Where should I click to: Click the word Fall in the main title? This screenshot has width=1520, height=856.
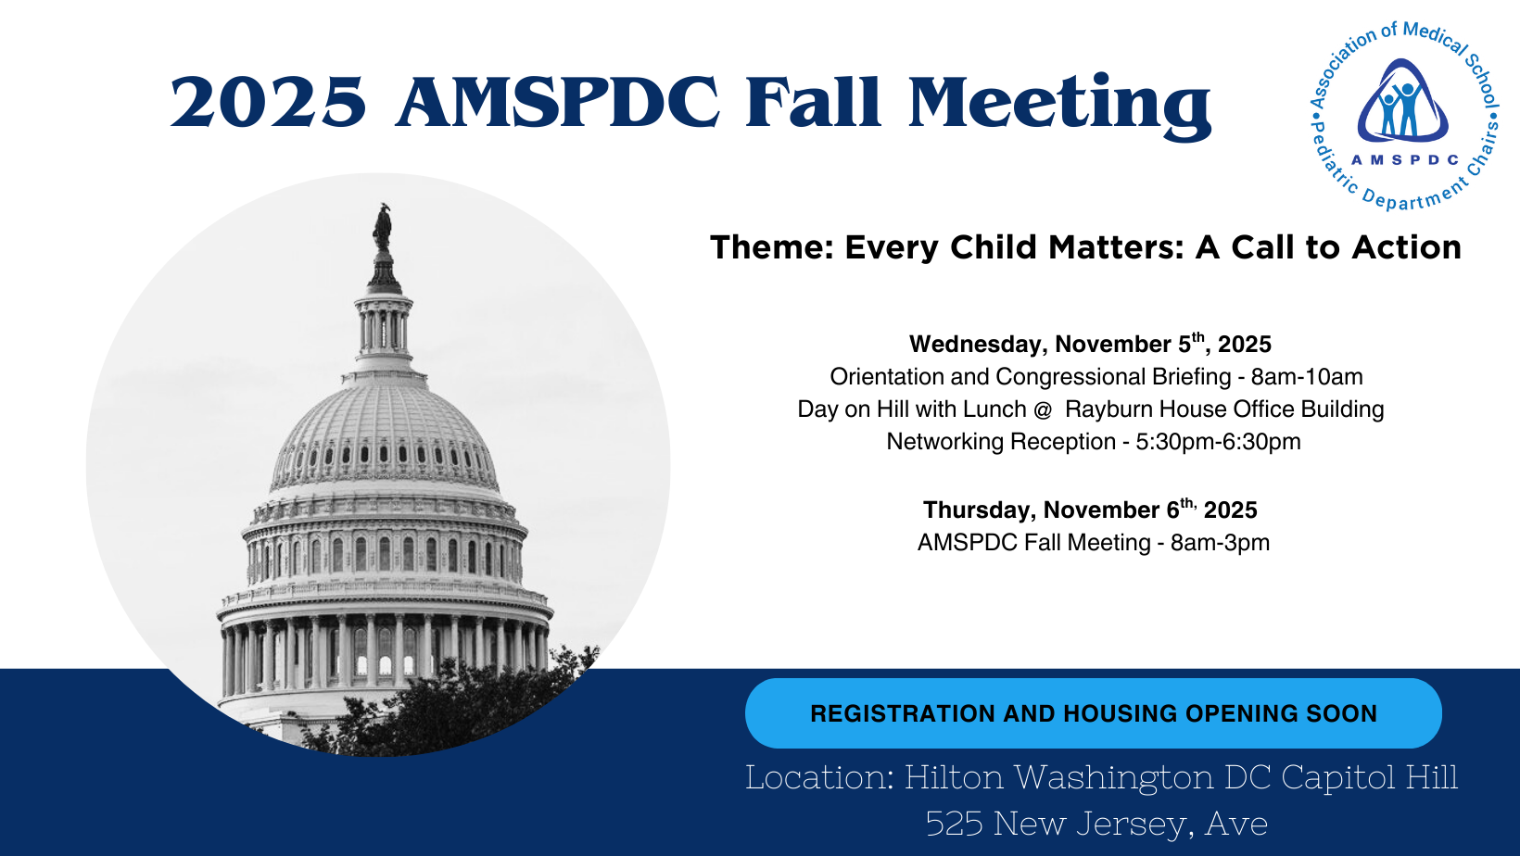tap(813, 102)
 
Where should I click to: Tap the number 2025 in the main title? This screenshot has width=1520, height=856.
tap(268, 102)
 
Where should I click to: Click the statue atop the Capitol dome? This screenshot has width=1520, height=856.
tap(383, 227)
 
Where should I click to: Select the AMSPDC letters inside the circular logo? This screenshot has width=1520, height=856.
tap(1405, 160)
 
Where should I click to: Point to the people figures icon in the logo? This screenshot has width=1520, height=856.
tap(1401, 108)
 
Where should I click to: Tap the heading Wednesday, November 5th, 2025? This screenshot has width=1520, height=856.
tap(1090, 343)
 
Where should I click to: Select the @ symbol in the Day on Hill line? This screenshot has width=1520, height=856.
tap(1043, 409)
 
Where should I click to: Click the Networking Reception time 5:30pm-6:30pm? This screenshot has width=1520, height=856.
tap(1218, 442)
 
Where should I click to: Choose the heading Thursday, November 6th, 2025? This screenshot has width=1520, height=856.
tap(1090, 510)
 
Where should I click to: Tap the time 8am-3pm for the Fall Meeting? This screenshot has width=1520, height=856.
tap(1220, 543)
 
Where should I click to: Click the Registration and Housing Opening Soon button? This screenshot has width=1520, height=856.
tap(1093, 713)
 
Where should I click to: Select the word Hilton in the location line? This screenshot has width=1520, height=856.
tap(954, 776)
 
